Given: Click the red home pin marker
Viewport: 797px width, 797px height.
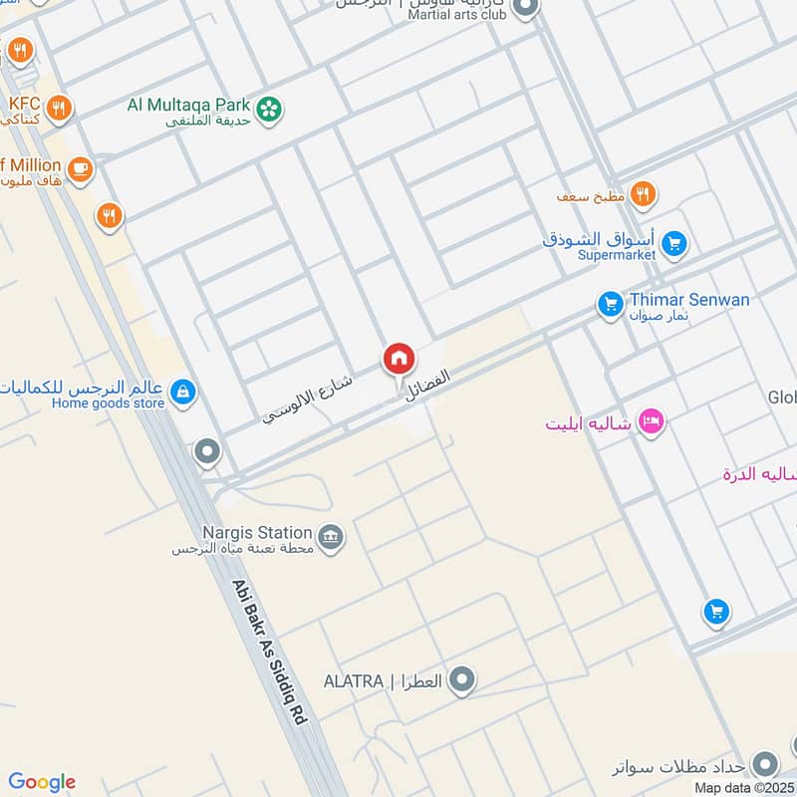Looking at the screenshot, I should click(x=398, y=358).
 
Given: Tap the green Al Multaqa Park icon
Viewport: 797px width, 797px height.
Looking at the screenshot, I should click(x=267, y=111).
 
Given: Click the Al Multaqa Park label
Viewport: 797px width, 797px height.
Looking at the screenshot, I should click(x=189, y=104).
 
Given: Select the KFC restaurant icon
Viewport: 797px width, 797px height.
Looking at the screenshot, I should click(x=59, y=107).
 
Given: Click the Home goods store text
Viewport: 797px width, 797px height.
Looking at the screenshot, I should click(x=108, y=403).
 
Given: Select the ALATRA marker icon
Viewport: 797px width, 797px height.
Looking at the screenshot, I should click(x=461, y=681).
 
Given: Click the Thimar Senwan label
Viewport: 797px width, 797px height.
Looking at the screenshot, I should click(x=689, y=299).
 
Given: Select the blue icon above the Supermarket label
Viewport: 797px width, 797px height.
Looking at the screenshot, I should click(x=674, y=243).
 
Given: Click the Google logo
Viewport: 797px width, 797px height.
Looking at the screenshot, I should click(x=42, y=782).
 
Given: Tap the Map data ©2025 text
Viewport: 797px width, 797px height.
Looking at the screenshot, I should click(x=744, y=788).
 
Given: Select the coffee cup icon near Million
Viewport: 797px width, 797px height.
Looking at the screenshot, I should click(x=79, y=168).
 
